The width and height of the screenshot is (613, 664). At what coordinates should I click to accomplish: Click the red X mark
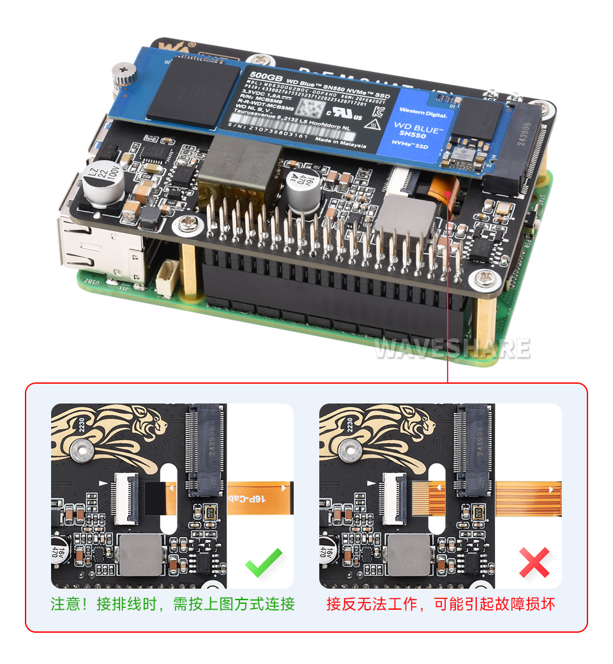534,562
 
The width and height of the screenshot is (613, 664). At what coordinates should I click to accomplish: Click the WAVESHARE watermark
452,349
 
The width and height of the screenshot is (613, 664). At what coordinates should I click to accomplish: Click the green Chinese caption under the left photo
172,604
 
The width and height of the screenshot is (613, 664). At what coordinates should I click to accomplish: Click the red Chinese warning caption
441,604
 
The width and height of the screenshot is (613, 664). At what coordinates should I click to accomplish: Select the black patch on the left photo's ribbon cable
155,498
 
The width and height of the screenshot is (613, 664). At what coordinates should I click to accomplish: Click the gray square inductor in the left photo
141,554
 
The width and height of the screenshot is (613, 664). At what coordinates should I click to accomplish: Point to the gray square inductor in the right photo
409,554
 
